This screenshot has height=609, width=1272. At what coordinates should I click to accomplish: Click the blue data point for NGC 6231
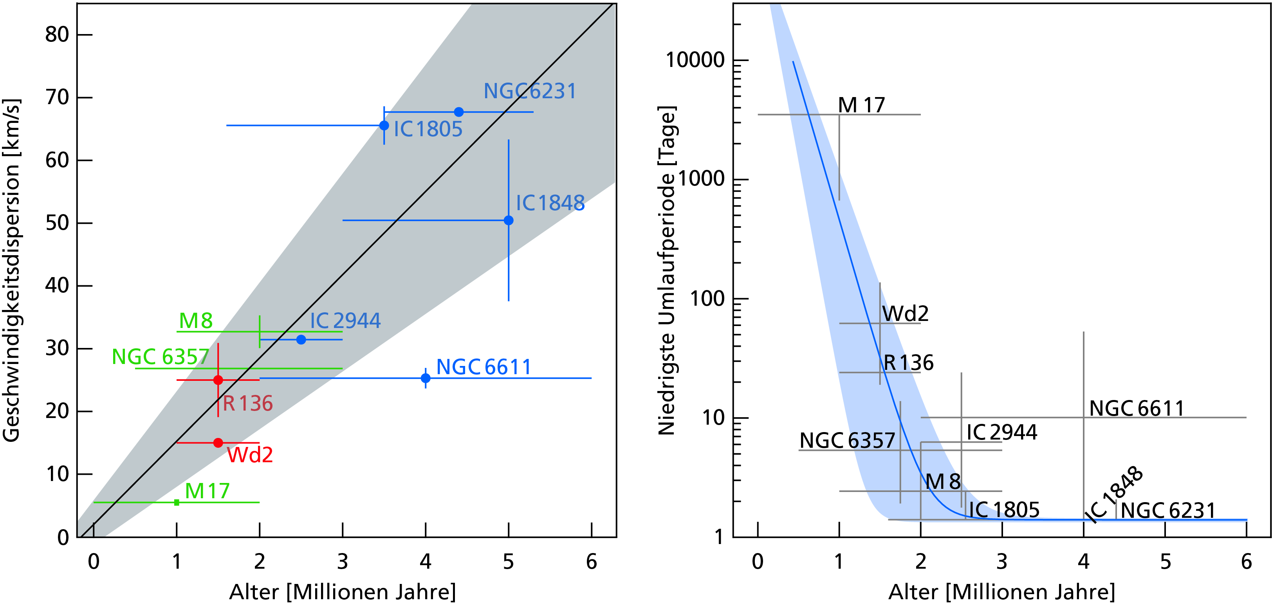tap(459, 112)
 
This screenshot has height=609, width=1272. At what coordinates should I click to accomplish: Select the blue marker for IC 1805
tap(384, 125)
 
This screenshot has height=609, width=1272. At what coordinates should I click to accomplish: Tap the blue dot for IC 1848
tap(509, 220)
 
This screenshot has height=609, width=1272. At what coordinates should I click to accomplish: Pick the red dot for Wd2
tap(218, 443)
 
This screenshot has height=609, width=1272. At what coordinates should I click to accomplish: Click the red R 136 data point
tap(218, 380)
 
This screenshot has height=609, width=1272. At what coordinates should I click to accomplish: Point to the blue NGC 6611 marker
tap(426, 378)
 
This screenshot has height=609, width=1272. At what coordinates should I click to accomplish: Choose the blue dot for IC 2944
tap(301, 340)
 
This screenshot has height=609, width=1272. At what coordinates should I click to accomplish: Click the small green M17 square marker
tap(177, 503)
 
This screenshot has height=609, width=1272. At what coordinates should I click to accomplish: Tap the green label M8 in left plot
tap(195, 321)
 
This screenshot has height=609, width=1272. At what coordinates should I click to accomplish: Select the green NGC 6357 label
tap(161, 357)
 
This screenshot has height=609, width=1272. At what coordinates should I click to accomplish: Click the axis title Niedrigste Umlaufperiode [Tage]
tap(667, 270)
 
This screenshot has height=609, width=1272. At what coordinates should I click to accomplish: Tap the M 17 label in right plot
tap(862, 105)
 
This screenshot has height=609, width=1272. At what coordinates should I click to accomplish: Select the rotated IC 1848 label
tap(1114, 494)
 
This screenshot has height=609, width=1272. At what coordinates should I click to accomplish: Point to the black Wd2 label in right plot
tap(905, 314)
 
